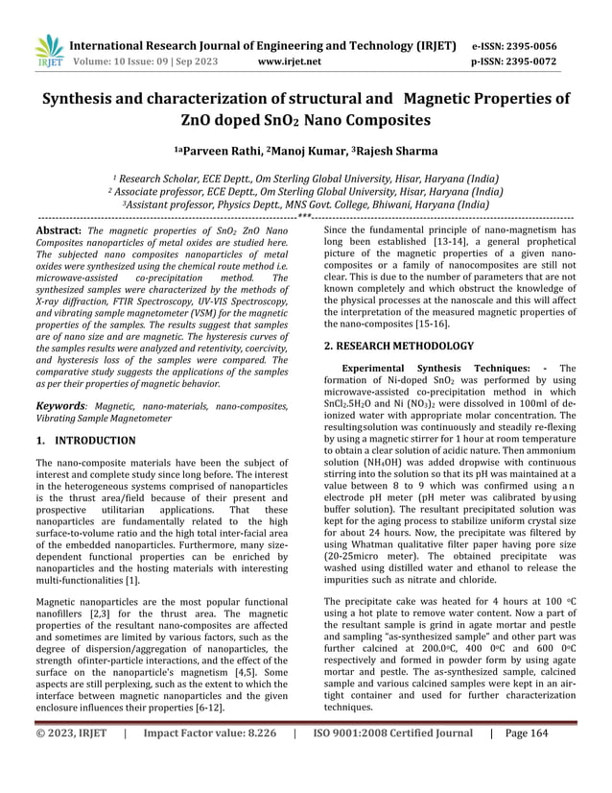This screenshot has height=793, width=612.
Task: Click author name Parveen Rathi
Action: (218, 151)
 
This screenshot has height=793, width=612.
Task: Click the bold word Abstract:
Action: (57, 232)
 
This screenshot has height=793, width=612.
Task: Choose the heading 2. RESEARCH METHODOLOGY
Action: (399, 345)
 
